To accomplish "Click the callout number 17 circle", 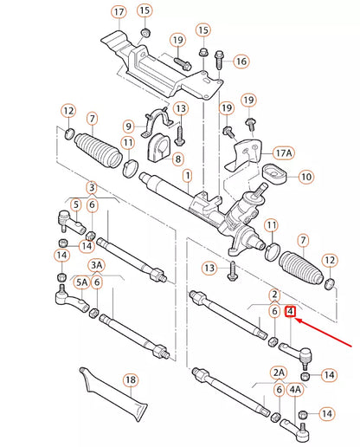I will tap(119, 12).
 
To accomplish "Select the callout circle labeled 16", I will tap(241, 62).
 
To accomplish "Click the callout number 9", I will tap(128, 126).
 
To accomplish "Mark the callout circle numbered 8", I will tap(177, 159).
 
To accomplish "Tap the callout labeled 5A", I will tap(81, 282).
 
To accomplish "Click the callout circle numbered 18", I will tap(130, 379).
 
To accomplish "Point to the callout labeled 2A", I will tap(280, 372).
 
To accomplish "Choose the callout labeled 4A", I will tap(296, 390).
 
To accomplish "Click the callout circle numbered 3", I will tap(92, 188).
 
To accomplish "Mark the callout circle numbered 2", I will tap(273, 295).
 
